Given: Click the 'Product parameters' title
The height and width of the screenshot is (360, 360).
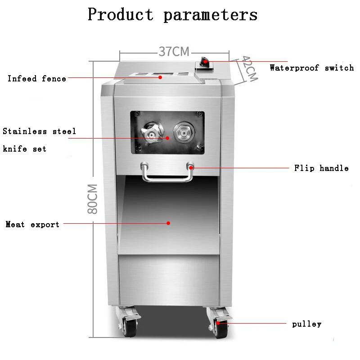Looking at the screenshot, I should coord(172,14).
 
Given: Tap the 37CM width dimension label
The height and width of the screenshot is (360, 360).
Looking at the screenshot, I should coord(174,51).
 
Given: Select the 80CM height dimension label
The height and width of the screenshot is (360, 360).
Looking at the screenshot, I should coord(92,198).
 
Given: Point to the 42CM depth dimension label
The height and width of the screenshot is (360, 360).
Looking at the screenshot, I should coord(249,68).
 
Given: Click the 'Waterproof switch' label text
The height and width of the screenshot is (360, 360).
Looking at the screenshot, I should coord(312,68).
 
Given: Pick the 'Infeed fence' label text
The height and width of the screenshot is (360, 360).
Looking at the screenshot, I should coord(37,79).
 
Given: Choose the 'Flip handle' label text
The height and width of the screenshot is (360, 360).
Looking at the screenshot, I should coord(321,168).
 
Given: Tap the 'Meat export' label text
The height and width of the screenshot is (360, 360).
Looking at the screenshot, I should coord(32,224).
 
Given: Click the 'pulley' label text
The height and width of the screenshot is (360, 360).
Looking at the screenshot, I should coord(307,324).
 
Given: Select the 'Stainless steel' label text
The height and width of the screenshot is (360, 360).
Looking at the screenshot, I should coord(40,132).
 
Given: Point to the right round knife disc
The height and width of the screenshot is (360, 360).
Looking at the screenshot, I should coord(184,133).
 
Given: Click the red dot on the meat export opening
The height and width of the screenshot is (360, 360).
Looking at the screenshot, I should coord(168,223).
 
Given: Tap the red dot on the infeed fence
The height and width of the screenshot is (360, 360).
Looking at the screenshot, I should coord(160,77).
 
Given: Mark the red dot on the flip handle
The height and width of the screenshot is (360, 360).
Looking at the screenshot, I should coord(191,167).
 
